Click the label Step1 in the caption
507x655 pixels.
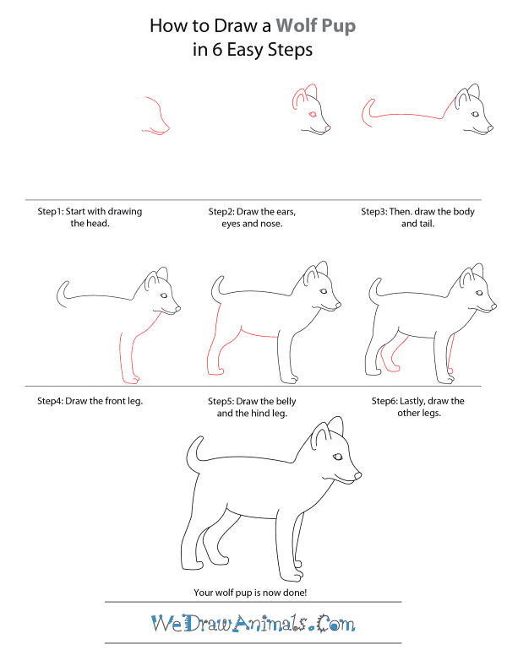pyautogui.click(x=53, y=212)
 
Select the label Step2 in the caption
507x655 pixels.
pyautogui.click(x=225, y=212)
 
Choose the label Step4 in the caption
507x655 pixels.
pyautogui.click(x=53, y=400)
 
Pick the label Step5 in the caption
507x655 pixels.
pyautogui.click(x=225, y=400)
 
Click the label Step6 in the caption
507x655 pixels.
pyautogui.click(x=388, y=400)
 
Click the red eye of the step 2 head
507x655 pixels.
pyautogui.click(x=312, y=114)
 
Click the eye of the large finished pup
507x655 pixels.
pyautogui.click(x=338, y=457)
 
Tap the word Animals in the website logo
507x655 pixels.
pyautogui.click(x=270, y=625)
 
